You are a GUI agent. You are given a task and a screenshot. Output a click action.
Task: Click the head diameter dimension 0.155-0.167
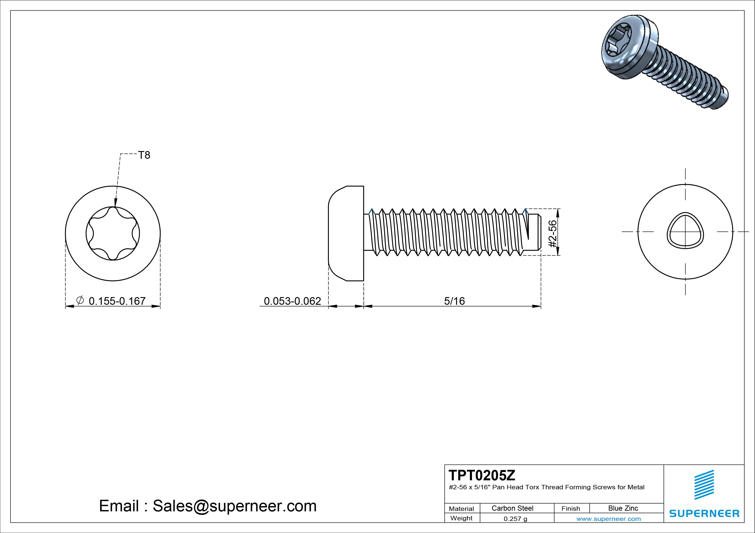pyautogui.click(x=117, y=301)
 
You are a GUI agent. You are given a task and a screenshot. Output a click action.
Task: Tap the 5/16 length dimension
pyautogui.click(x=454, y=301)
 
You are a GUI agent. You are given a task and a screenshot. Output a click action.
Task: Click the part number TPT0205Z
pyautogui.click(x=482, y=475)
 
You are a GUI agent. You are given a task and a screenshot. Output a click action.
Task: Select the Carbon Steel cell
pyautogui.click(x=512, y=508)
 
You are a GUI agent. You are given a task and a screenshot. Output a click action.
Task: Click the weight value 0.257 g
pyautogui.click(x=515, y=519)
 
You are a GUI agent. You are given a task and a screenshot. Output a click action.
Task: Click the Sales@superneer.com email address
pyautogui.click(x=234, y=506)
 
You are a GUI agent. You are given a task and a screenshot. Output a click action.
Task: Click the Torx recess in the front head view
pyautogui.click(x=113, y=233)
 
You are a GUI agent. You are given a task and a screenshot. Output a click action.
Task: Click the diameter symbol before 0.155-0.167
pyautogui.click(x=80, y=300)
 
